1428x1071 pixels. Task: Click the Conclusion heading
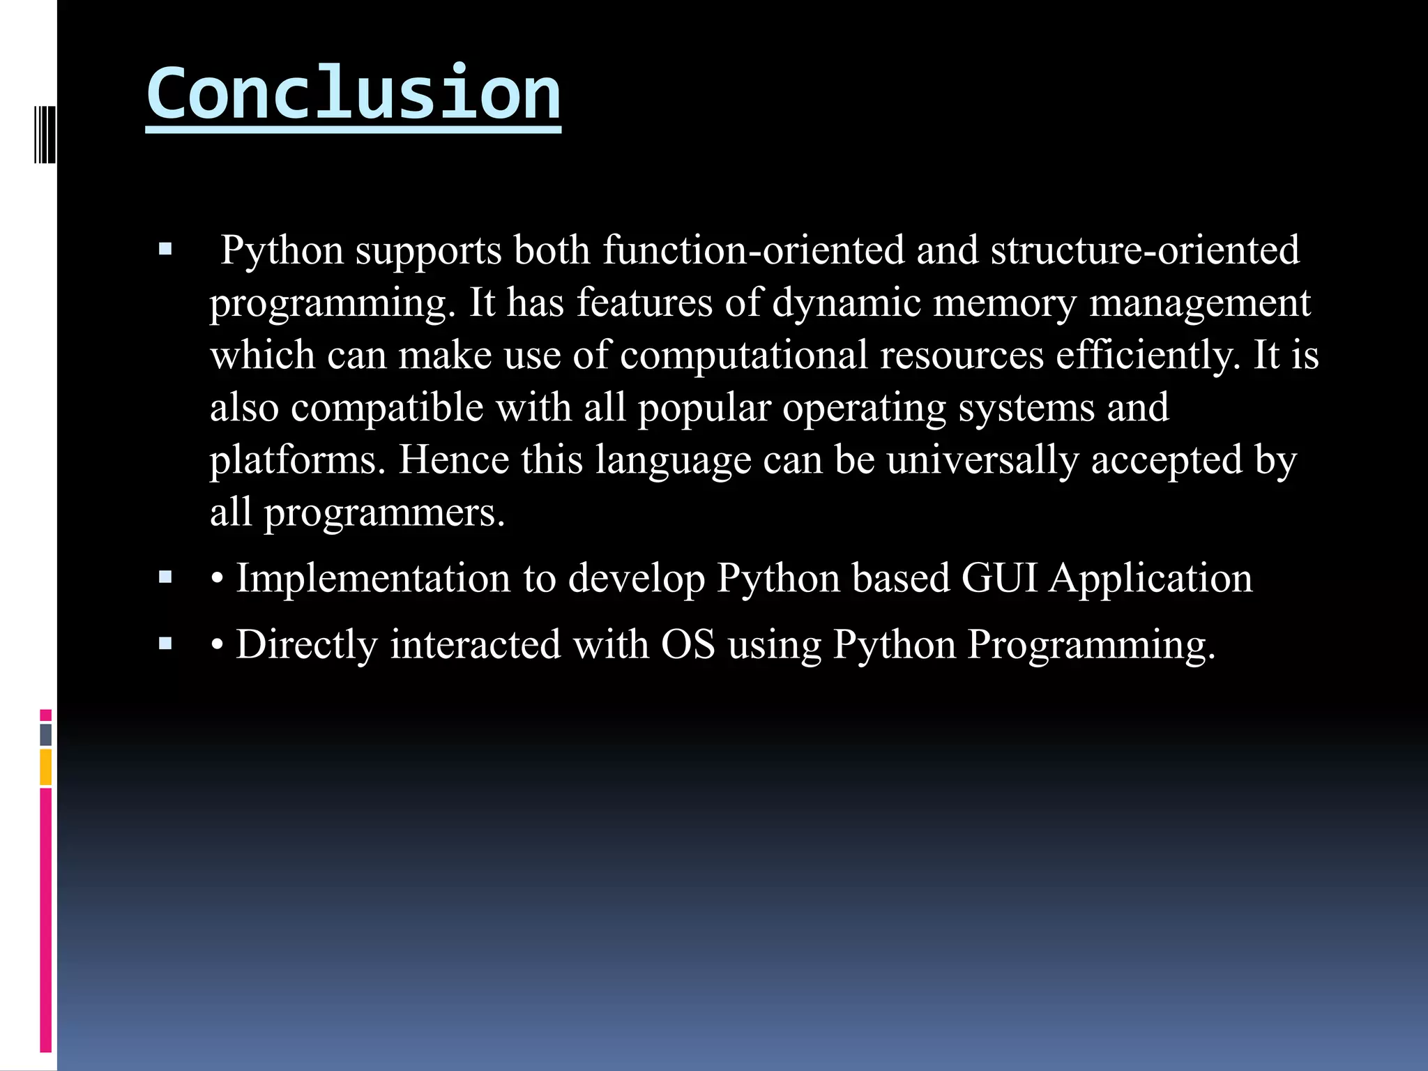pos(353,93)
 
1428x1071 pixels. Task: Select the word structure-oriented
pos(1145,250)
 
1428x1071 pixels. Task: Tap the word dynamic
pos(846,303)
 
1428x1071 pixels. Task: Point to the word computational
pos(743,355)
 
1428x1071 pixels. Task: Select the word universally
pos(982,460)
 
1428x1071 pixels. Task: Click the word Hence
pos(453,460)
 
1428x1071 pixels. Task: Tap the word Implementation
pos(373,578)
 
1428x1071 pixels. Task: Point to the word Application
pos(1151,578)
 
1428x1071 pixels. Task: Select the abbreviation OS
pos(688,644)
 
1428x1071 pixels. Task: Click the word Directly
pos(307,644)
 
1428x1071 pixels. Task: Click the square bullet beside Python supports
pos(165,249)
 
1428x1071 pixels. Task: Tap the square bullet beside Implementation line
pos(165,577)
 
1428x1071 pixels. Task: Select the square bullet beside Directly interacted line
pos(165,643)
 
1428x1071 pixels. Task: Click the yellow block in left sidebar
pos(45,766)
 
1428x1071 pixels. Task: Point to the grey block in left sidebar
pos(45,734)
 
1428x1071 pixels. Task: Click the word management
pos(1199,303)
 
